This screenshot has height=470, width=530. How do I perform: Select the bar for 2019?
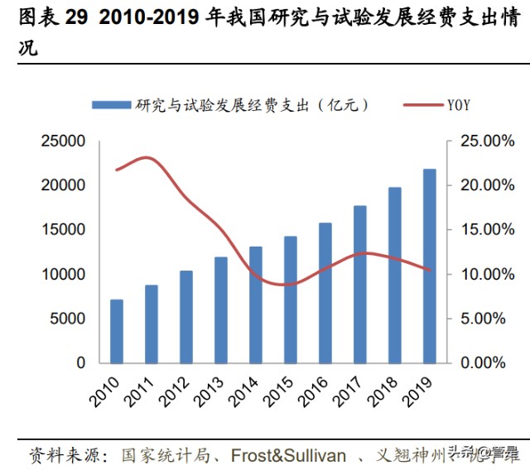tap(429, 266)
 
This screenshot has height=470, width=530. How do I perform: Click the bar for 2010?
tap(117, 331)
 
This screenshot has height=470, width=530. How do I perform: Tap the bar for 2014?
tap(256, 305)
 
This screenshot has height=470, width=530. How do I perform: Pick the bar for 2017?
tap(360, 284)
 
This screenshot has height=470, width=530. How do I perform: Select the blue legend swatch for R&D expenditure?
tap(111, 105)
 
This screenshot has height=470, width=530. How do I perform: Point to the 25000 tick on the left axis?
tap(64, 141)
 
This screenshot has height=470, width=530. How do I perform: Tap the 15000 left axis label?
tap(64, 230)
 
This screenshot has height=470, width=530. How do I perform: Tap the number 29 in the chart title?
tap(76, 18)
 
